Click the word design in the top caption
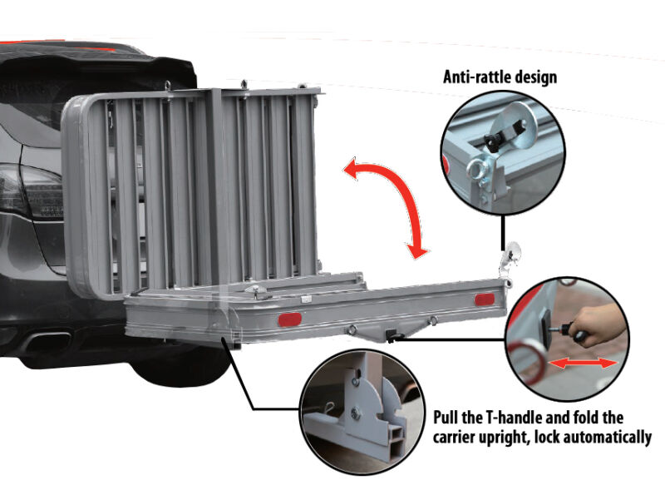[x=535, y=77]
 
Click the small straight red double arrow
[x=584, y=364]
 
